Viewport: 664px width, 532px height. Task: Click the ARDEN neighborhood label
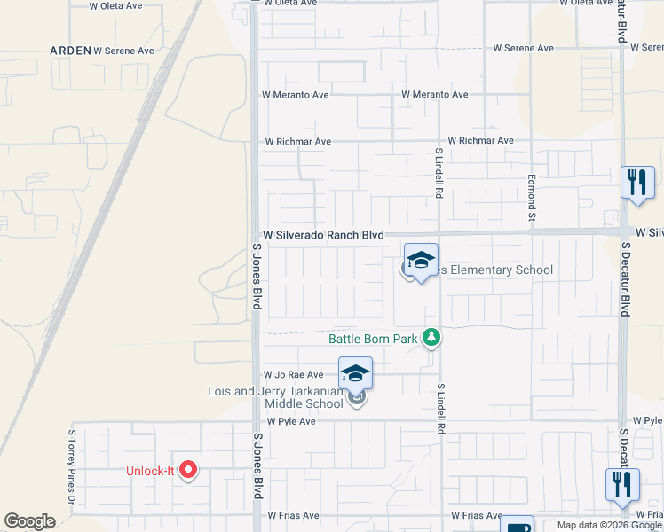pyautogui.click(x=71, y=51)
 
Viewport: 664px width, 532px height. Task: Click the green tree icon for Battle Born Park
pyautogui.click(x=431, y=337)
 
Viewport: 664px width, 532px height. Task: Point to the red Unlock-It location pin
pyautogui.click(x=188, y=469)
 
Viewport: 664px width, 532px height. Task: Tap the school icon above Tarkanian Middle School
pyautogui.click(x=355, y=373)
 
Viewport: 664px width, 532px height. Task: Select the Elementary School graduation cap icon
pyautogui.click(x=422, y=262)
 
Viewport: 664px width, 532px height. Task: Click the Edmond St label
pyautogui.click(x=533, y=199)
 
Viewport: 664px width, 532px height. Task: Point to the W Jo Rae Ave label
pyautogui.click(x=291, y=375)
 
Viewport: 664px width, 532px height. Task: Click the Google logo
pyautogui.click(x=29, y=521)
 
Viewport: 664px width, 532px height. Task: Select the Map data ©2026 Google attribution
pyautogui.click(x=608, y=525)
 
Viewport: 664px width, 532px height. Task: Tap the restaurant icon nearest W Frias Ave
pyautogui.click(x=621, y=484)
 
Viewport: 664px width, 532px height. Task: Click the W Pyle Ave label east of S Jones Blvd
pyautogui.click(x=291, y=421)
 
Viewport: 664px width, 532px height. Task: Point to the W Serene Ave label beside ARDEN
pyautogui.click(x=124, y=51)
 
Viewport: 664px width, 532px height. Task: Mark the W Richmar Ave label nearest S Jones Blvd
pyautogui.click(x=298, y=142)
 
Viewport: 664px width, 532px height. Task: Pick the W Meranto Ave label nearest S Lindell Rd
pyautogui.click(x=434, y=95)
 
